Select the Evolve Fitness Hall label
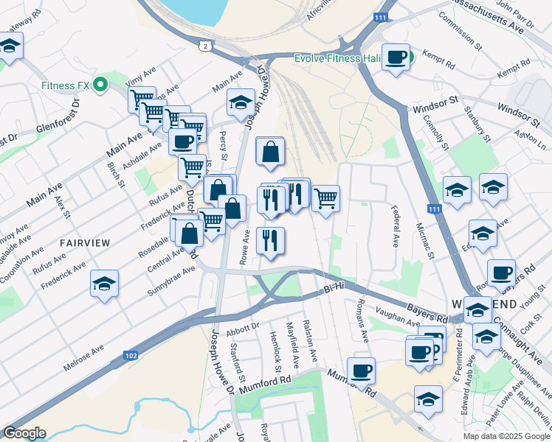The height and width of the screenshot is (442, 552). [337, 58]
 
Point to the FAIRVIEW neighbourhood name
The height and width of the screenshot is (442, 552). [85, 242]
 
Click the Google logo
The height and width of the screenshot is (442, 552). [24, 433]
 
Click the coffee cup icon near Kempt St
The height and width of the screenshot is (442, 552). [396, 57]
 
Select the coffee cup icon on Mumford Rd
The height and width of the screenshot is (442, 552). [361, 370]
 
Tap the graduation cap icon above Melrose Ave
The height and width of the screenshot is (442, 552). [105, 283]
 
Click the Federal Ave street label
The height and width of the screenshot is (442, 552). [394, 227]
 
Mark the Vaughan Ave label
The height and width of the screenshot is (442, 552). [397, 318]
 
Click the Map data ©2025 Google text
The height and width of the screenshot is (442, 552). [504, 435]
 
